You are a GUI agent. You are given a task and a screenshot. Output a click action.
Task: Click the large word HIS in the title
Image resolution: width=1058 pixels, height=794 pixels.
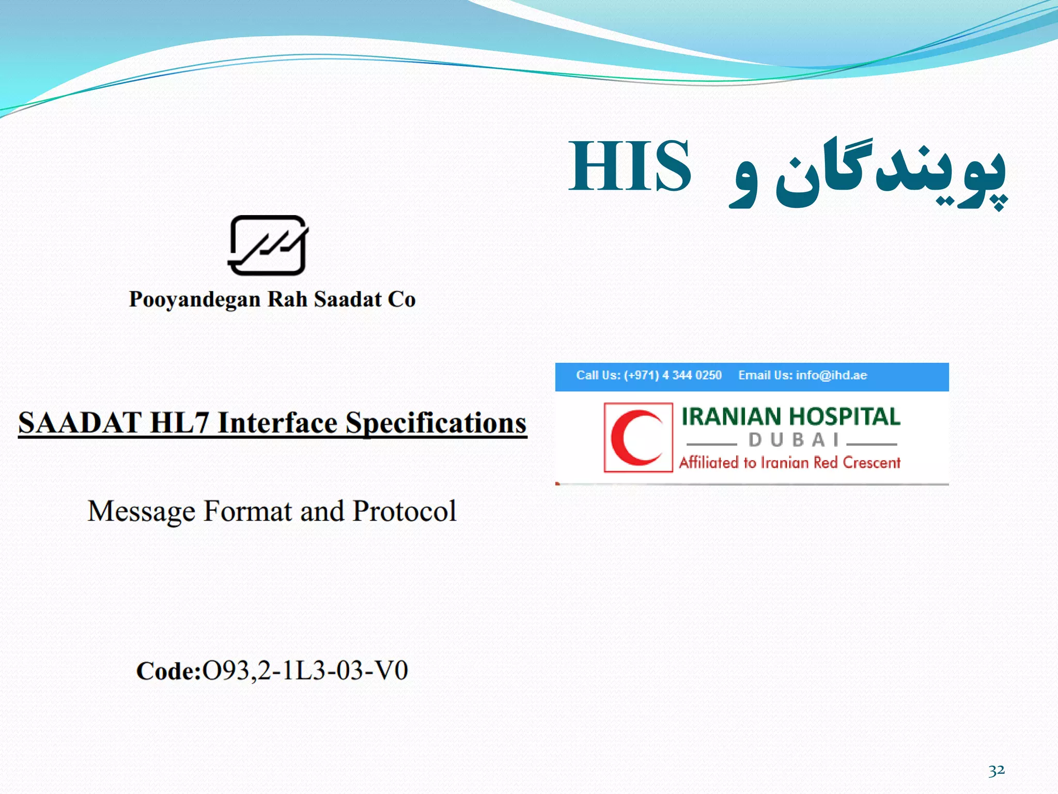(x=629, y=166)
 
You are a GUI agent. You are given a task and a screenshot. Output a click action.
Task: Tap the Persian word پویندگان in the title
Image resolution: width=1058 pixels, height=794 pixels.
(x=891, y=173)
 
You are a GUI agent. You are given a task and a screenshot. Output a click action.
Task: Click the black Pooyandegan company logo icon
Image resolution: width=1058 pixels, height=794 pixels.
(x=268, y=246)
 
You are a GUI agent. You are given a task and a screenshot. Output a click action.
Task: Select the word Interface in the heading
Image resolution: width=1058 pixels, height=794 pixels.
(x=278, y=423)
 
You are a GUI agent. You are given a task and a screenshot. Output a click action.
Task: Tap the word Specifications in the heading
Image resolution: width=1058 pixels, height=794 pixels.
(x=436, y=423)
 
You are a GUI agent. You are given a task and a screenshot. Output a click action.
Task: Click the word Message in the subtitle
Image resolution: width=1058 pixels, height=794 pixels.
(x=142, y=511)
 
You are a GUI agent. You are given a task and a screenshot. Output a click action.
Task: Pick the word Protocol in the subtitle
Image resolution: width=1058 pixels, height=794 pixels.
(x=404, y=511)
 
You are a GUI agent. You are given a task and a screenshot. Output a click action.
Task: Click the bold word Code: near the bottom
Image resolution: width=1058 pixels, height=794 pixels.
(x=168, y=671)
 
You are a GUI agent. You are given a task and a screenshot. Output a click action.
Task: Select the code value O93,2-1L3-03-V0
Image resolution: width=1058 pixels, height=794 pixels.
(x=305, y=670)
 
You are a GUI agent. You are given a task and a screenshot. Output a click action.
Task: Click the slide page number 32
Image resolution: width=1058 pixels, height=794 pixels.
(x=997, y=771)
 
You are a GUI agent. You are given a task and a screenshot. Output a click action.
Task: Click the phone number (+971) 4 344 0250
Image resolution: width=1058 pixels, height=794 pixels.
(x=673, y=375)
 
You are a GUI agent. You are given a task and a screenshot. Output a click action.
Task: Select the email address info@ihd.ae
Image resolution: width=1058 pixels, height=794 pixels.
(x=831, y=375)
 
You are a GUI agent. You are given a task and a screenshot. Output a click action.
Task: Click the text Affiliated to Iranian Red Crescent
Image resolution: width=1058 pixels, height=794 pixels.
(x=789, y=462)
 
